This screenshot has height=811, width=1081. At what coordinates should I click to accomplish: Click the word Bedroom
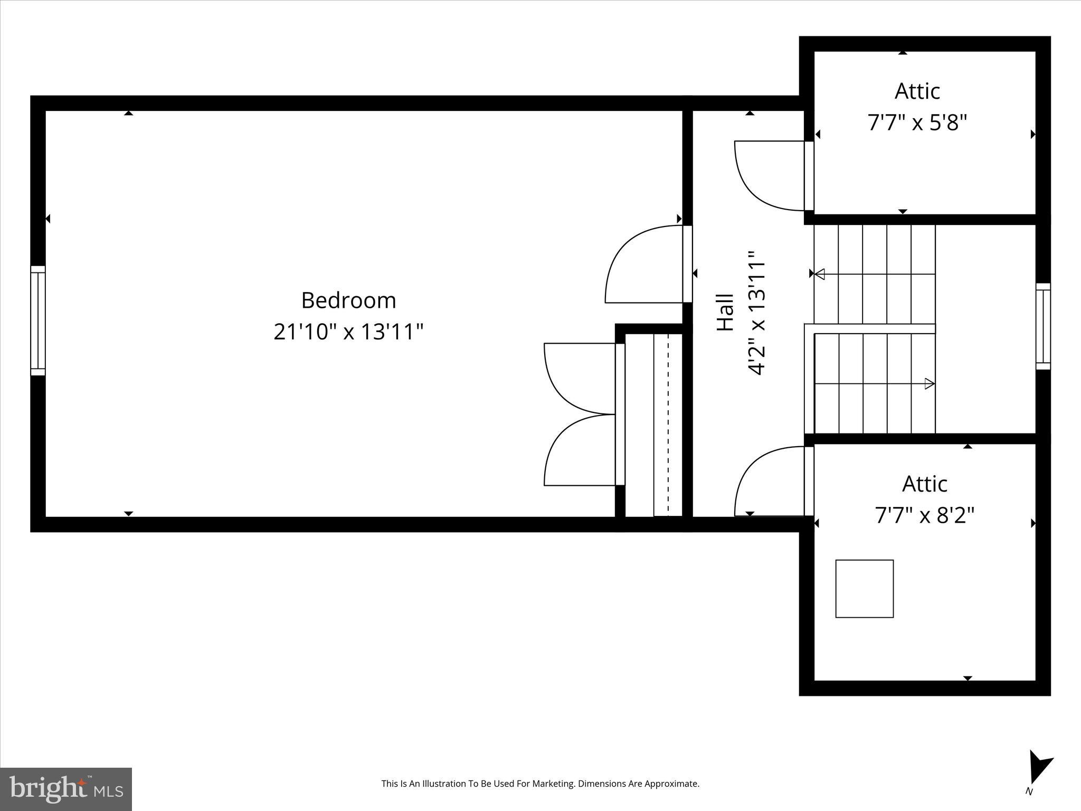348,300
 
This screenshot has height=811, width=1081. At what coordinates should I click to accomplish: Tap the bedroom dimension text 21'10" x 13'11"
348,332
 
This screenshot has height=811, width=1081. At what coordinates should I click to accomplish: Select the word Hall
726,313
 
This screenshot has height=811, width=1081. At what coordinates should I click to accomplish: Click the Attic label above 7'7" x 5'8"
917,91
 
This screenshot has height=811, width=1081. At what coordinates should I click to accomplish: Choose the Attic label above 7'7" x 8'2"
925,484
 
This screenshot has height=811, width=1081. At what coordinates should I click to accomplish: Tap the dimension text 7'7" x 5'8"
917,123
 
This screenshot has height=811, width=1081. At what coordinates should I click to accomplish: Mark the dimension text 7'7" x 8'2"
925,515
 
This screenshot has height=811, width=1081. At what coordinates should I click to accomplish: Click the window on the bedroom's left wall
38,320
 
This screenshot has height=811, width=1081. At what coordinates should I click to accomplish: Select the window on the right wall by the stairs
1043,326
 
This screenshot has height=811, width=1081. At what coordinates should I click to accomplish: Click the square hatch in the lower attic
865,589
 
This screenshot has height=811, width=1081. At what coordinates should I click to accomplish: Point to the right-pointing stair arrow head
930,384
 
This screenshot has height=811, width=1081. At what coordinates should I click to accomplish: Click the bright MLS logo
66,789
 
